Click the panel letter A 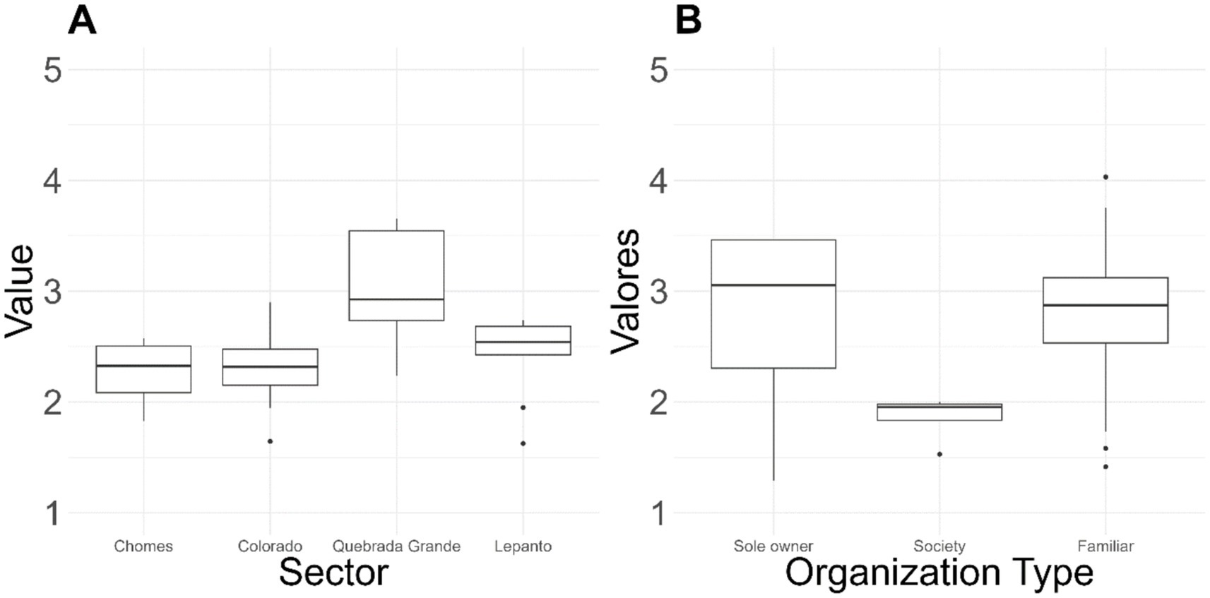[82, 20]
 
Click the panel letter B [689, 20]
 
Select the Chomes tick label [143, 546]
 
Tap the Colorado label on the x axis [270, 546]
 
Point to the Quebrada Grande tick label [396, 546]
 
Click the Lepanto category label [523, 546]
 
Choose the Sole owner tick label [773, 546]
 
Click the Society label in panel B [939, 546]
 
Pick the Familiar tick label [1105, 546]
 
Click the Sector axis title [333, 572]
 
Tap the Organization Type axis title [939, 572]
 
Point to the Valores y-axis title [625, 291]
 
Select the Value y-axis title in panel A [19, 291]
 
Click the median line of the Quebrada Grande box [396, 299]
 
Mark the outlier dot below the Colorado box [270, 441]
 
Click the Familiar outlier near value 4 [1105, 177]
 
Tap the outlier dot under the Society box [939, 454]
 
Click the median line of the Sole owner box [773, 285]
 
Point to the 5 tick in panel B [658, 70]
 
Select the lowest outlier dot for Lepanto [523, 443]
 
